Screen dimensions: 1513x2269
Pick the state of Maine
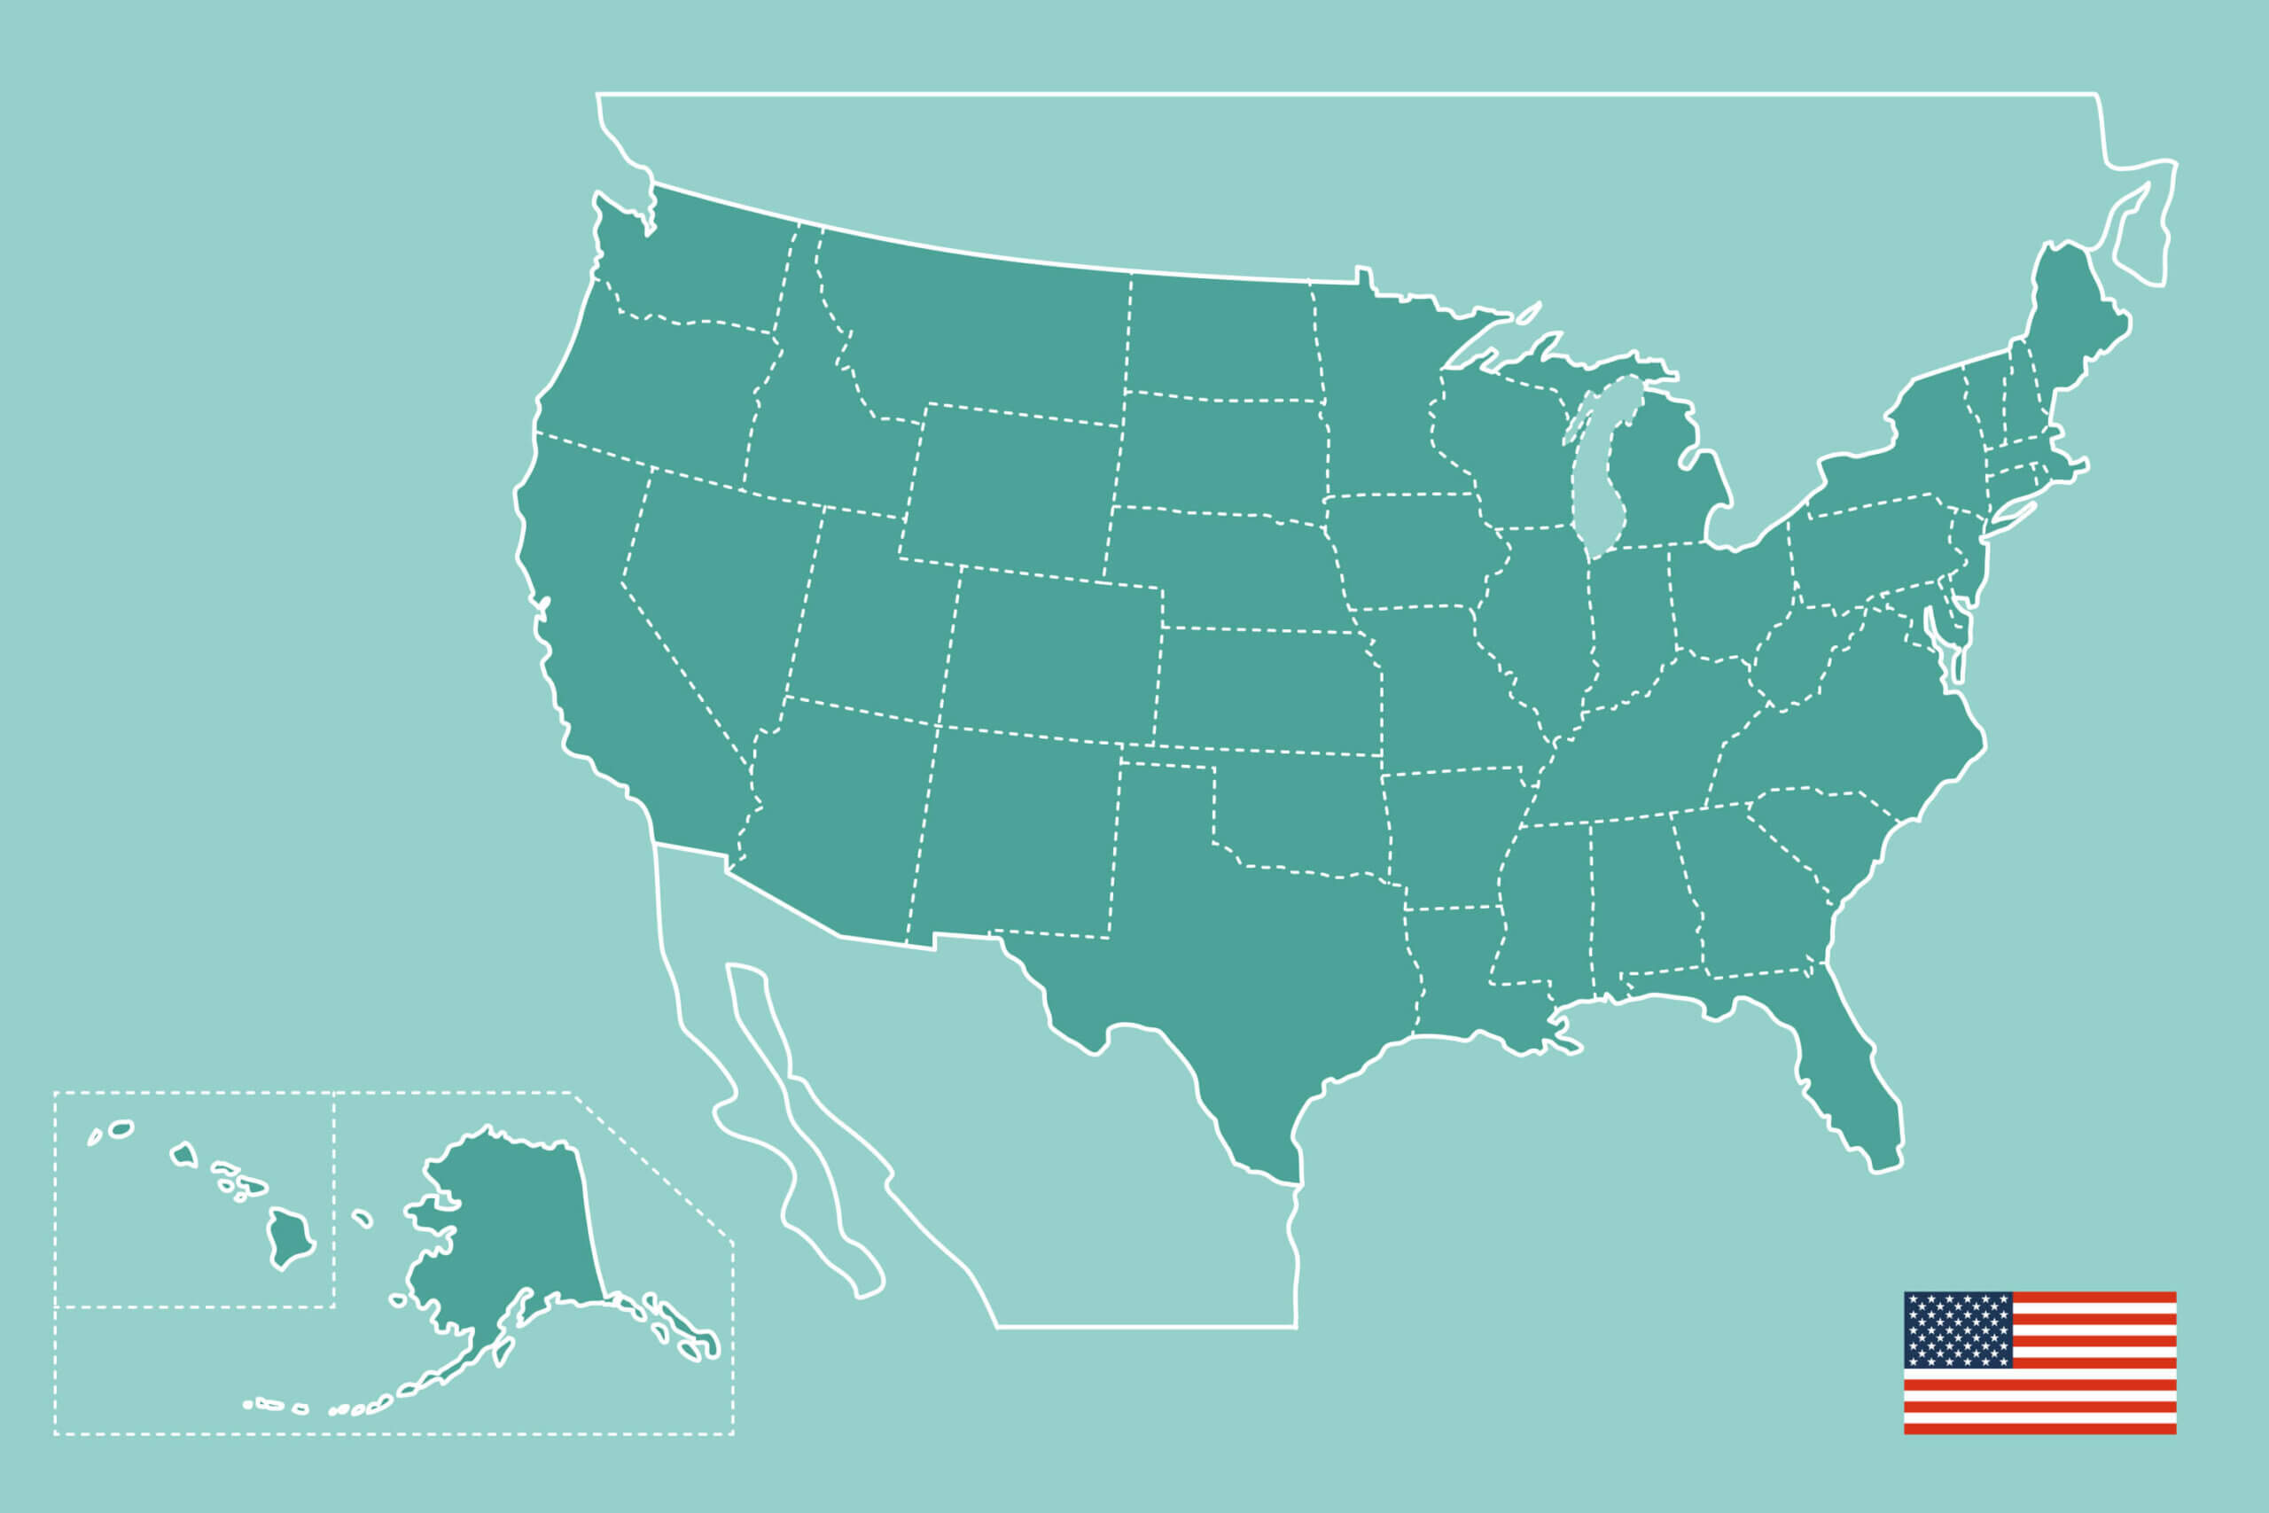point(2074,308)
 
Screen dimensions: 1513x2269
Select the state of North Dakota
point(1220,338)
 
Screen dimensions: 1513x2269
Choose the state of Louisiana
point(1457,975)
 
